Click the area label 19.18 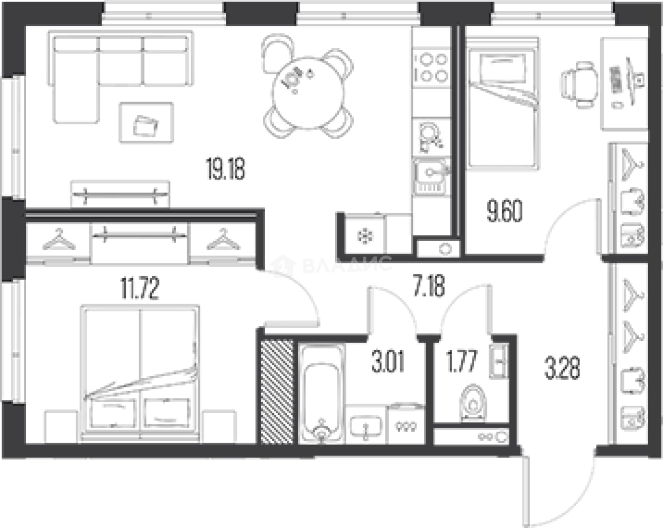[226, 168]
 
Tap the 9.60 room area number [504, 211]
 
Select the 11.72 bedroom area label [140, 288]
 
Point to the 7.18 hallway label [429, 286]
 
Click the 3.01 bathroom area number [388, 361]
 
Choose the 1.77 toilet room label [462, 361]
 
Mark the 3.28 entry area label [562, 368]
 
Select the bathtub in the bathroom [321, 394]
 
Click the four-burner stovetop [431, 68]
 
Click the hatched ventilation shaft [277, 392]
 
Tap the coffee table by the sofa [146, 123]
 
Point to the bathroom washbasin [366, 425]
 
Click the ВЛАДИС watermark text [347, 265]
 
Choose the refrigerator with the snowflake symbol [365, 234]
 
